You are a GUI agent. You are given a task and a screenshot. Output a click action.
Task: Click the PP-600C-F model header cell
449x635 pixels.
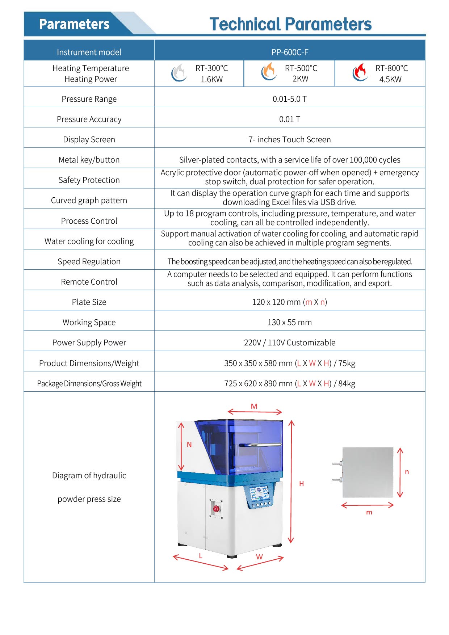290,52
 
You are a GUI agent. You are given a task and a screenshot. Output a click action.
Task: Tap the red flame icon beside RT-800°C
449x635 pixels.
360,72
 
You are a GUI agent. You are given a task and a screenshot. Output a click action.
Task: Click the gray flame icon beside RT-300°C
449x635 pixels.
179,72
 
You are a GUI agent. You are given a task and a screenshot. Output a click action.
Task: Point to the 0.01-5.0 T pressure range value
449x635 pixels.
290,99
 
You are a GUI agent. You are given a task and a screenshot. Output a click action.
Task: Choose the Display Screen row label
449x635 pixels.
89,139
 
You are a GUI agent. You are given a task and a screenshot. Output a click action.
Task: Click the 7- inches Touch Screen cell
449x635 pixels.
290,139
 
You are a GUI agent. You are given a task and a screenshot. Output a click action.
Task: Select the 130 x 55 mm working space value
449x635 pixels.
290,322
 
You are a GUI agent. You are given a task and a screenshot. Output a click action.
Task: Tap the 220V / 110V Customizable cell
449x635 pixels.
290,342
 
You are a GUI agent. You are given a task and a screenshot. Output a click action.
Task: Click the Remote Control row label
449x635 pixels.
89,282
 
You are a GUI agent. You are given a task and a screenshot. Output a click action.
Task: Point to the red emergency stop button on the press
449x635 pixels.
216,509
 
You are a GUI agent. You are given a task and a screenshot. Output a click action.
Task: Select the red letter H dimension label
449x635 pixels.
301,484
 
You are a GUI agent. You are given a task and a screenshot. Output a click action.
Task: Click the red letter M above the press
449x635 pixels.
254,406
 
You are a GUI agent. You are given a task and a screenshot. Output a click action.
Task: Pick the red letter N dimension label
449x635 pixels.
189,445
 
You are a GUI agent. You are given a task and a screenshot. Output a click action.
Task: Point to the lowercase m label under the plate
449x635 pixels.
369,512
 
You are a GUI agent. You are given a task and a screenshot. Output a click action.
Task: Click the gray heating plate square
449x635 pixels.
368,472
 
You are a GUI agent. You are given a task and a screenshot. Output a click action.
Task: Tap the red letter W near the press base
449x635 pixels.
259,557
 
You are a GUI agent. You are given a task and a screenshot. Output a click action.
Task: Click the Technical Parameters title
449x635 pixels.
290,24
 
